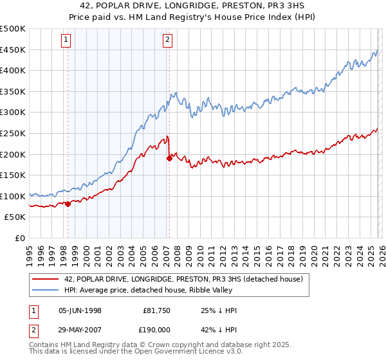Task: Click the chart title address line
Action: click(193, 6)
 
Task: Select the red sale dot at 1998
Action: click(68, 204)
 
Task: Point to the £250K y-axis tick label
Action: click(13, 133)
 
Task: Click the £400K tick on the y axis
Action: click(13, 71)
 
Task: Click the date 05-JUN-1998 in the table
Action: click(80, 310)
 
